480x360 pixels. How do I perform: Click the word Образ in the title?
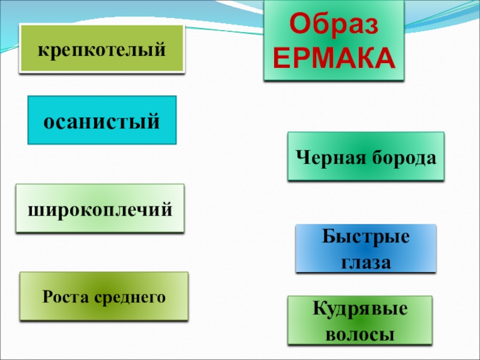pos(334,25)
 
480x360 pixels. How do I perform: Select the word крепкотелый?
pos(102,49)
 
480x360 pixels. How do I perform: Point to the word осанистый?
pos(102,121)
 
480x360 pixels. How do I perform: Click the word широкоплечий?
pos(100,209)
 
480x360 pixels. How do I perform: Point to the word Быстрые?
pos(365,236)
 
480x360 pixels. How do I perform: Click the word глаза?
pos(365,262)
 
